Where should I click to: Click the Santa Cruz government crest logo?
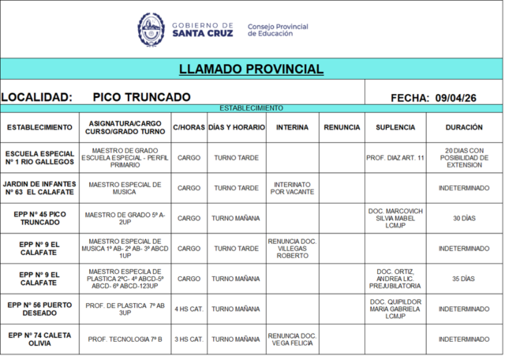[151, 29]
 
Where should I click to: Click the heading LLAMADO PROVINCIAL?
[251, 69]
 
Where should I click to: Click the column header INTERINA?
[292, 127]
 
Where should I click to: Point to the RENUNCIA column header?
[342, 127]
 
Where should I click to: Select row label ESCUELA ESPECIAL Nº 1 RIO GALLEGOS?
[39, 157]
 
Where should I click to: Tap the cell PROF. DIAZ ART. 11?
[395, 157]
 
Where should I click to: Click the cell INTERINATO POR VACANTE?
[292, 188]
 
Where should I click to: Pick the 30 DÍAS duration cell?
[464, 218]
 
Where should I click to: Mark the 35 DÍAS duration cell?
[464, 279]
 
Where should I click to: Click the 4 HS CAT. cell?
[189, 309]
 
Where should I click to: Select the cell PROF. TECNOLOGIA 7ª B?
[125, 339]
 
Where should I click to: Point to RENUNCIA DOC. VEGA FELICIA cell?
[292, 339]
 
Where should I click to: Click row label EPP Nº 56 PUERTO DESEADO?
[39, 309]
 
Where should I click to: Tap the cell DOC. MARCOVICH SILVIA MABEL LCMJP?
[395, 218]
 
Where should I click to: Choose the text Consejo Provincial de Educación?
[278, 30]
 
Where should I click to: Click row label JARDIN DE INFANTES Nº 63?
[39, 188]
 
